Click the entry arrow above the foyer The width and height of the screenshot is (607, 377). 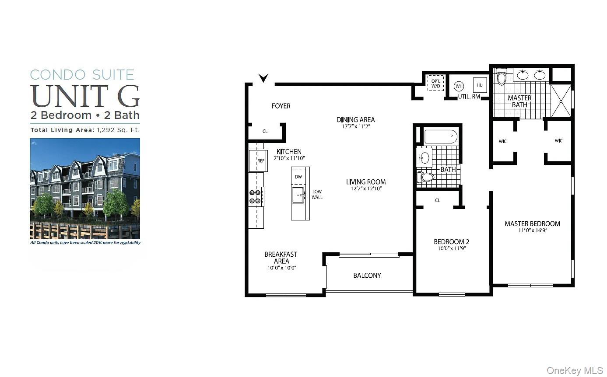click(263, 78)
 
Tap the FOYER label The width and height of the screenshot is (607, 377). click(281, 106)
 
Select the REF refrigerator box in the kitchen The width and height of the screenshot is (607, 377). click(258, 161)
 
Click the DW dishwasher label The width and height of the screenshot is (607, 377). click(298, 177)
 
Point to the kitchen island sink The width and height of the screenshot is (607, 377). click(298, 195)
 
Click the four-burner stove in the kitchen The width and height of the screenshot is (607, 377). click(256, 197)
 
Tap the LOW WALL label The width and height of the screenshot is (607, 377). click(317, 195)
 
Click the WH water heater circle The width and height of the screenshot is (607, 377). click(459, 86)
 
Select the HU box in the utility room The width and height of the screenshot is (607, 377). click(480, 85)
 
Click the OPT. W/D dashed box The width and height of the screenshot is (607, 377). click(436, 83)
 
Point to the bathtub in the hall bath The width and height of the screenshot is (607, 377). click(441, 136)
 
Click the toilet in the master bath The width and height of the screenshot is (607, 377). click(502, 76)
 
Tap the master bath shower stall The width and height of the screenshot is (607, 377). click(561, 101)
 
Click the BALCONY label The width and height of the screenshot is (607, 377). click(367, 276)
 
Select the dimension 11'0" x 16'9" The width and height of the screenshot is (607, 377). click(533, 230)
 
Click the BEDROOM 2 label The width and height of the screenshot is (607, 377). click(452, 241)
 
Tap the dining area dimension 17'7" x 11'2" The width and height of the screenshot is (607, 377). click(356, 126)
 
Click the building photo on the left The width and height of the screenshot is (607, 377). click(85, 189)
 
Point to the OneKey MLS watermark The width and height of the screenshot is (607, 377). click(575, 370)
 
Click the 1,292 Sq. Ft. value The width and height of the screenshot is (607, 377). click(119, 130)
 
